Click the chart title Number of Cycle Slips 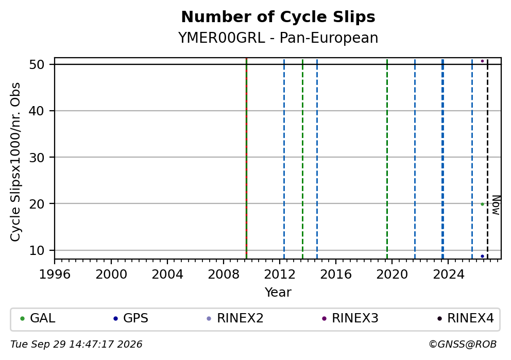278,17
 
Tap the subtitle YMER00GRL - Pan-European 278,38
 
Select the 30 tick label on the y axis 37,158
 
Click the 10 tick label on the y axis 37,250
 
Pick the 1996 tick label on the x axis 55,275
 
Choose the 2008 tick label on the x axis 224,275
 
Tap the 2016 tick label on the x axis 336,275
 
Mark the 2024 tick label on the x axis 448,275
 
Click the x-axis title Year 278,292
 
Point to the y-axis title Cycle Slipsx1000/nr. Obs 15,162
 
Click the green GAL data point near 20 482,204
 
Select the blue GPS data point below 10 482,256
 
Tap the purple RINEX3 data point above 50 482,61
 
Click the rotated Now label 496,205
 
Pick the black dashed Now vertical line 487,158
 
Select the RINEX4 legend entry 465,318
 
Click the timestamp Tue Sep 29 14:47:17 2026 76,345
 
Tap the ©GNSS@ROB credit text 463,345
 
